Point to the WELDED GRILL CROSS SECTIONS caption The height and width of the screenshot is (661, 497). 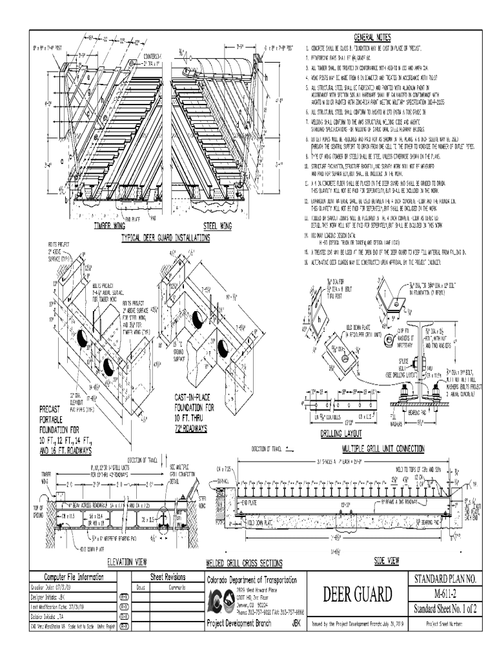(243, 564)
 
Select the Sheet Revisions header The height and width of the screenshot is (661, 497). (168, 577)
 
